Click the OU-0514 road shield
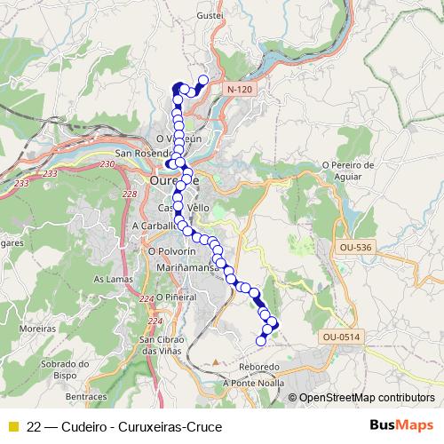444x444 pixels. click(x=341, y=337)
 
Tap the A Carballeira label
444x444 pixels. click(x=155, y=226)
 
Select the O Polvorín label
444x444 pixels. click(x=165, y=252)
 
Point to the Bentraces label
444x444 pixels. click(x=86, y=396)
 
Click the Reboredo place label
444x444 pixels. click(x=260, y=367)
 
